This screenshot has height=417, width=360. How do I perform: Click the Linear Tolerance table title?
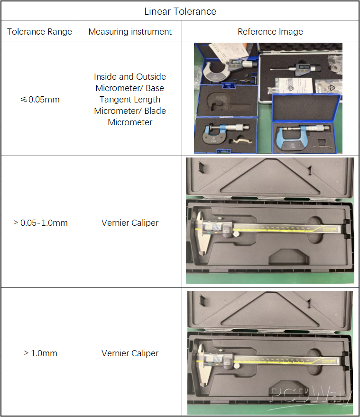pyautogui.click(x=180, y=11)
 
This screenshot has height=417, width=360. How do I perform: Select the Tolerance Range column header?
pyautogui.click(x=39, y=32)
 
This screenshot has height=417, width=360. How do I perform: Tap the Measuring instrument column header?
pyautogui.click(x=130, y=32)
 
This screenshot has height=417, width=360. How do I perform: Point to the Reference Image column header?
pyautogui.click(x=270, y=32)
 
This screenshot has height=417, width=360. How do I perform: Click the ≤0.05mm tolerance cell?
pyautogui.click(x=40, y=100)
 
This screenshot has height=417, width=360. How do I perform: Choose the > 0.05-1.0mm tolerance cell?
pyautogui.click(x=40, y=222)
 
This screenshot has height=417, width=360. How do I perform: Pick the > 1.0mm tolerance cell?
pyautogui.click(x=40, y=353)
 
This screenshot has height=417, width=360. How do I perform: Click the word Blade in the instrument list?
pyautogui.click(x=155, y=111)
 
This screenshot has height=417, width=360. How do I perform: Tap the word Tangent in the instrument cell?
pyautogui.click(x=115, y=100)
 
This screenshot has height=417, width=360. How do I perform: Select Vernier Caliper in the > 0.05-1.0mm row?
pyautogui.click(x=130, y=222)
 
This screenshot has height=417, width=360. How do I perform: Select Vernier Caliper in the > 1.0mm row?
pyautogui.click(x=130, y=353)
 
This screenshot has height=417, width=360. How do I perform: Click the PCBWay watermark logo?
pyautogui.click(x=311, y=395)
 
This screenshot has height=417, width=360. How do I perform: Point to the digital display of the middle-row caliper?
pyautogui.click(x=216, y=227)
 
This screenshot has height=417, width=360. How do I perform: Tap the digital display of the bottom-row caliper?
pyautogui.click(x=217, y=359)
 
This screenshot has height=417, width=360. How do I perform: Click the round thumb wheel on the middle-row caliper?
pyautogui.click(x=236, y=234)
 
